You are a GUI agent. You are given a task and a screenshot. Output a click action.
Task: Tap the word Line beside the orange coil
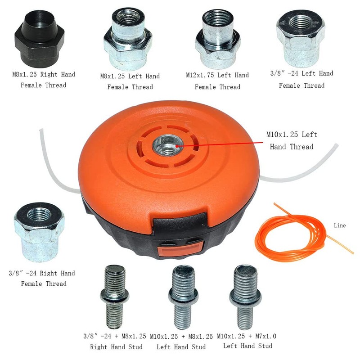340,225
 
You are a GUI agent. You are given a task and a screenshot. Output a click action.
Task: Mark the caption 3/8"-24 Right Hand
42,273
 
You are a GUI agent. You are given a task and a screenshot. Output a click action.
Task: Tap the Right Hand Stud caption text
117,346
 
